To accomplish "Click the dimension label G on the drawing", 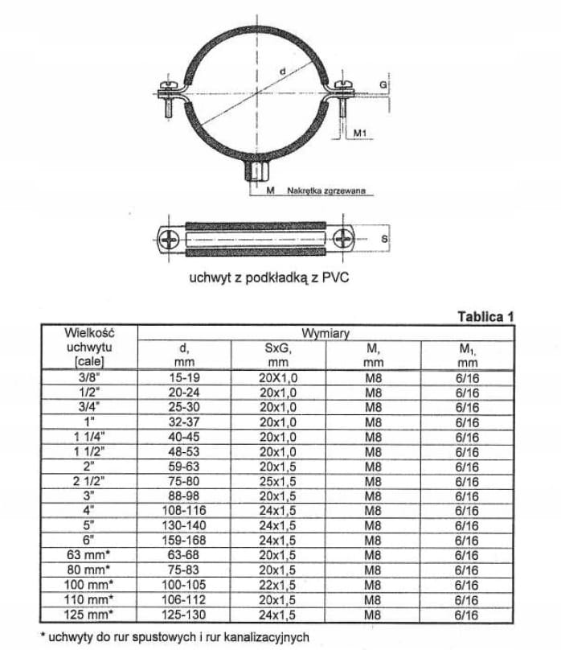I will pyautogui.click(x=383, y=83).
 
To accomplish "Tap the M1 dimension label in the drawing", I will pyautogui.click(x=360, y=130).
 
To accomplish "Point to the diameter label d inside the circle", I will pyautogui.click(x=282, y=72).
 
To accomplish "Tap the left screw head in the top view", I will pyautogui.click(x=170, y=239).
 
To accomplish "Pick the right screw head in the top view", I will pyautogui.click(x=343, y=239).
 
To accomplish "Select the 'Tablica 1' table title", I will pyautogui.click(x=485, y=316).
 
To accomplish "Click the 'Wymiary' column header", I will pyautogui.click(x=325, y=332).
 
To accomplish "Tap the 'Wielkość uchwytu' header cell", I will pyautogui.click(x=88, y=346).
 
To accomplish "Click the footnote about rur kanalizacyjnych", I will pyautogui.click(x=174, y=636).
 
